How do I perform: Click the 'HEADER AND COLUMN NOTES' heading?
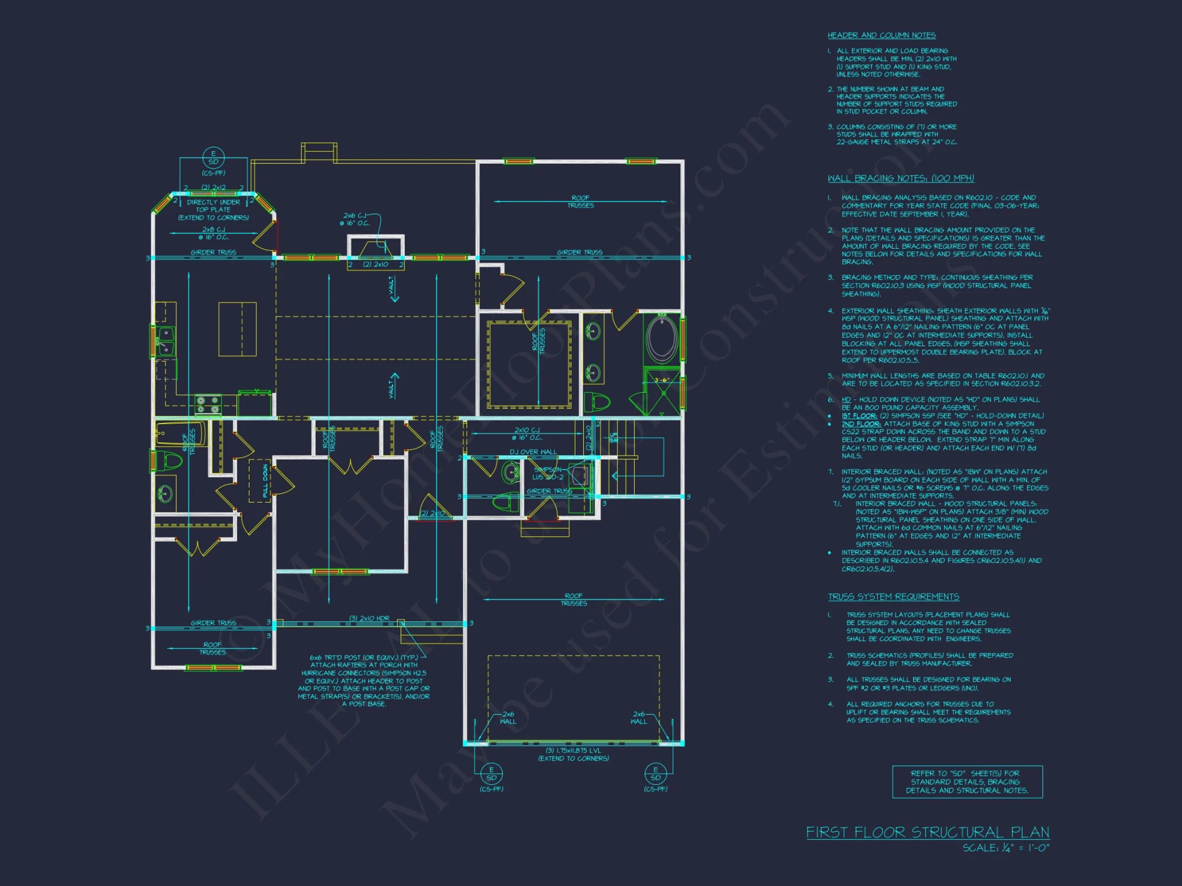[x=881, y=35]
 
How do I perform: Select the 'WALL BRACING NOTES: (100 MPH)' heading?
[x=901, y=178]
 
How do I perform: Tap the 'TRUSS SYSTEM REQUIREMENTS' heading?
[x=893, y=597]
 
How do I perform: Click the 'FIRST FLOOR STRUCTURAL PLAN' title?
[x=927, y=832]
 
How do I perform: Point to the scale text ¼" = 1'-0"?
[x=1005, y=848]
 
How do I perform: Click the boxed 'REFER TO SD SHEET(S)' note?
[x=967, y=782]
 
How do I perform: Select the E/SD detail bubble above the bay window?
[x=213, y=158]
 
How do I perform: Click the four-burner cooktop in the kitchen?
[x=208, y=405]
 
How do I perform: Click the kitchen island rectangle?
[x=237, y=329]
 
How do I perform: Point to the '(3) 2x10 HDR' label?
[x=369, y=618]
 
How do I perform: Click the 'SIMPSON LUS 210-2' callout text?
[x=547, y=473]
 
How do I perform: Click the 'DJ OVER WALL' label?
[x=533, y=452]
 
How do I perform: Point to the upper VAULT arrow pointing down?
[x=393, y=289]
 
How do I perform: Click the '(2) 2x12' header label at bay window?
[x=213, y=187]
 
